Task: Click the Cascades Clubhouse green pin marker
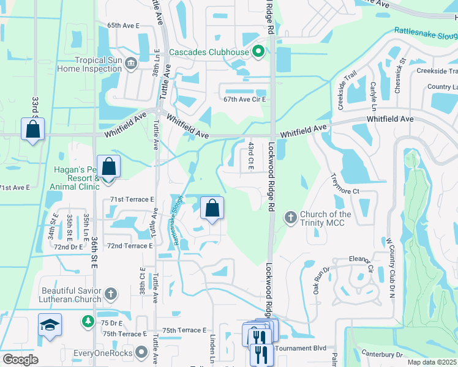258,52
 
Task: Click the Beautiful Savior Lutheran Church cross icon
110,295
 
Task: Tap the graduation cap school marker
50,325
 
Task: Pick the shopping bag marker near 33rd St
32,130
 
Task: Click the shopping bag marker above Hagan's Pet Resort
108,166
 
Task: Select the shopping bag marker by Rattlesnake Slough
212,208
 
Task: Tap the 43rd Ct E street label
250,156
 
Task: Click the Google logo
20,360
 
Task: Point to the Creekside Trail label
347,91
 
